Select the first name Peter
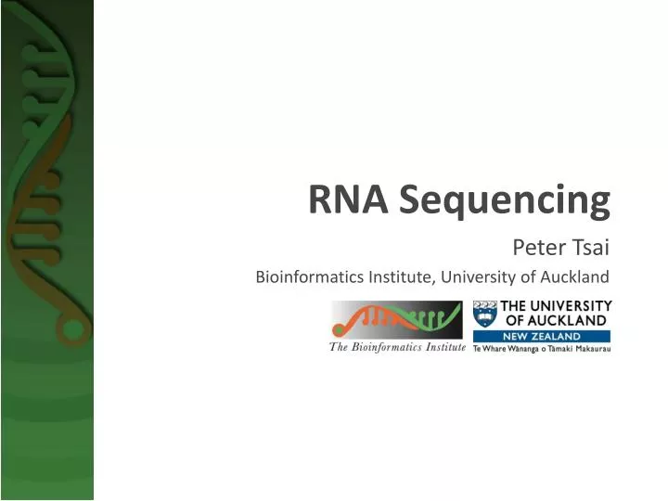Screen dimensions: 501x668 tap(536, 248)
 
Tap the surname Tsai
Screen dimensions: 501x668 tap(588, 248)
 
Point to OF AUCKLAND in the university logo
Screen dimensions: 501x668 tap(555, 320)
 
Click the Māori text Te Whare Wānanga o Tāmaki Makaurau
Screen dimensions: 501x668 tap(542, 348)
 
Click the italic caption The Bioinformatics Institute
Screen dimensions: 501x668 tap(397, 347)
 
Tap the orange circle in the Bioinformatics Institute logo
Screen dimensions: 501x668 tap(339, 329)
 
